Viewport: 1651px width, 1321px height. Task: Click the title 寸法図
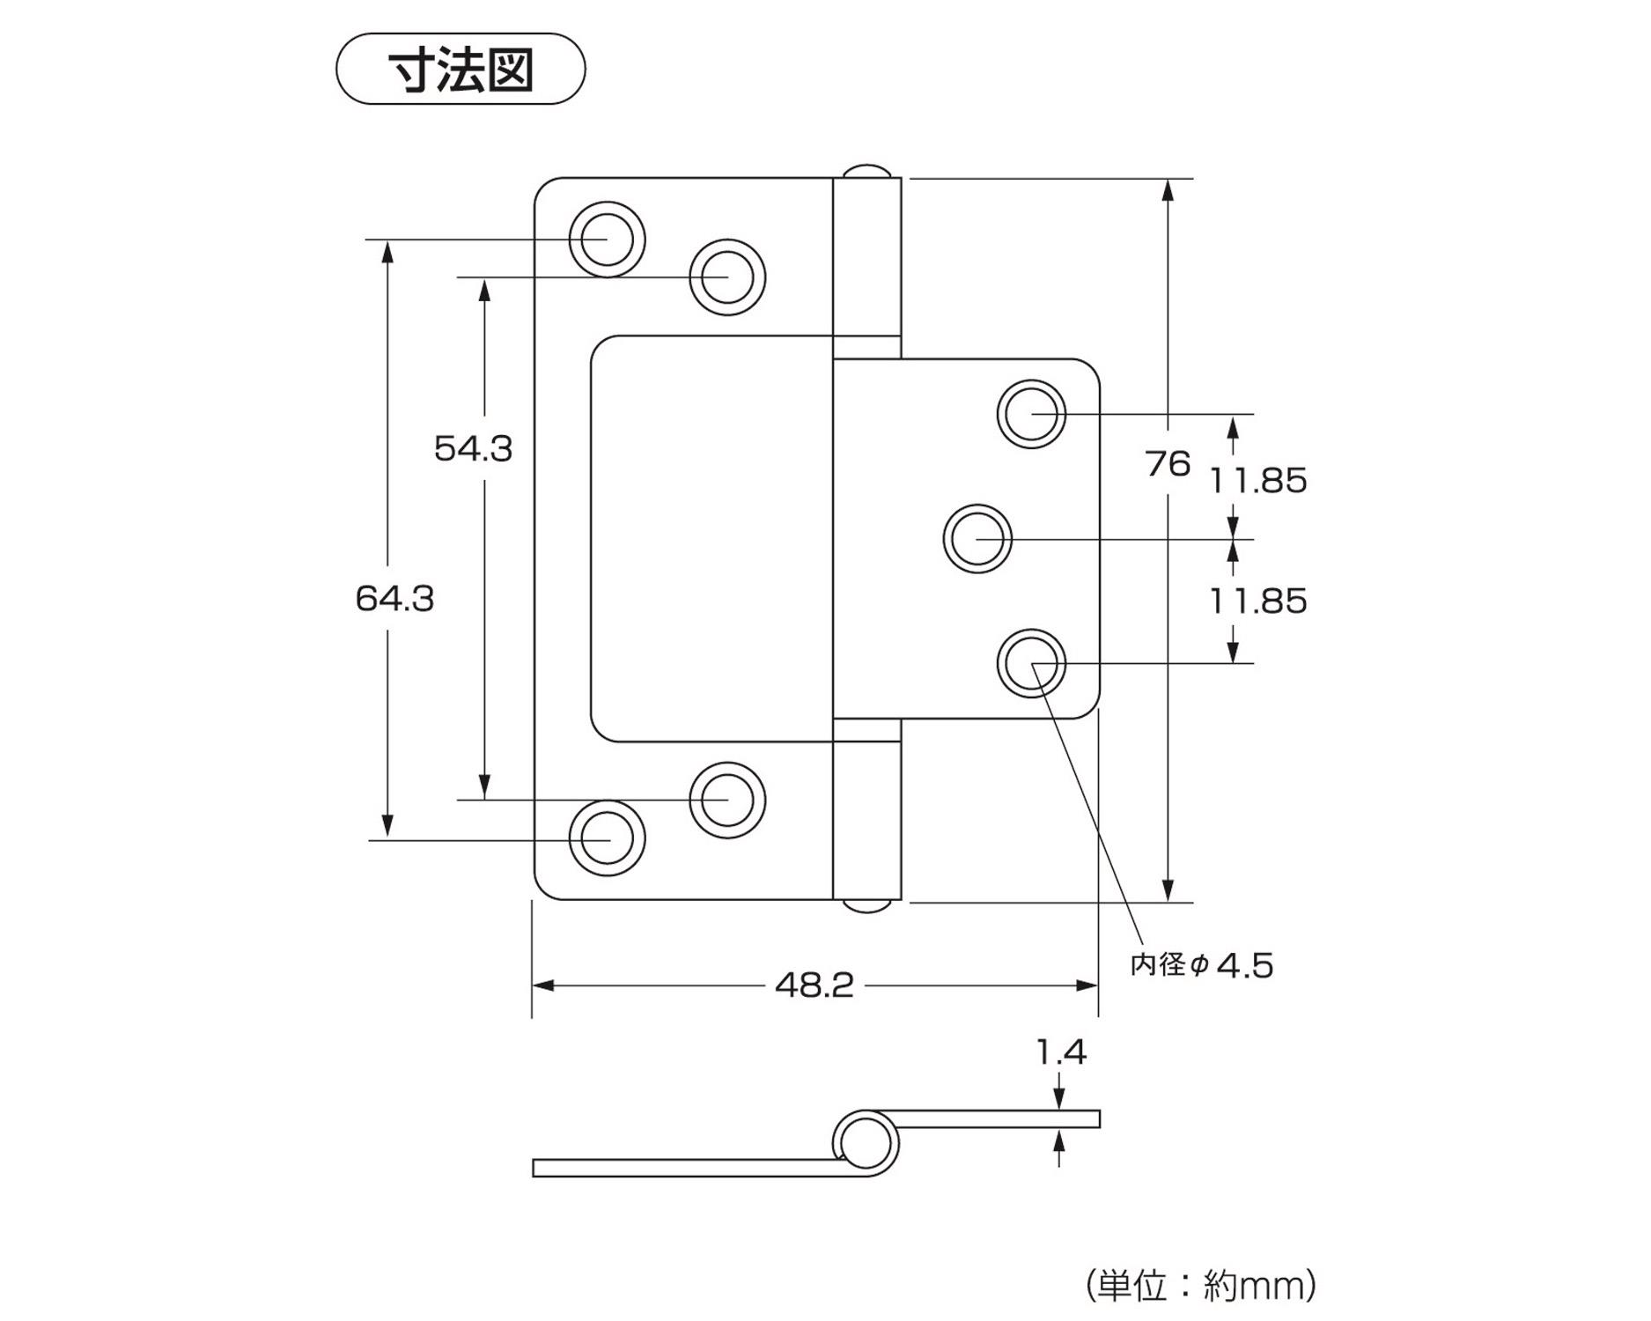[x=461, y=70]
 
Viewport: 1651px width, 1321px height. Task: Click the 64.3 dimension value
[x=394, y=599]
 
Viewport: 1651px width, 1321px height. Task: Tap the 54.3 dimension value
[x=473, y=449]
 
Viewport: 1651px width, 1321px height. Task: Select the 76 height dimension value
[x=1168, y=463]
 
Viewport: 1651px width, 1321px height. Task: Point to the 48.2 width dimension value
[x=814, y=985]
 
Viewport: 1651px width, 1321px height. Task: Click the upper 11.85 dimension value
[x=1257, y=481]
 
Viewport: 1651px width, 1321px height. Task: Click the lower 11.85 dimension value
[x=1257, y=601]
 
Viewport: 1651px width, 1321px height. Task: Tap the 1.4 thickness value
[x=1061, y=1052]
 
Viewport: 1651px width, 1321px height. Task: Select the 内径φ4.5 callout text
[x=1202, y=965]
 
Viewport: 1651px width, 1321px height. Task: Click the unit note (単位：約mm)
[x=1201, y=1287]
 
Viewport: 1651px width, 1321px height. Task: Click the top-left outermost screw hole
[x=607, y=239]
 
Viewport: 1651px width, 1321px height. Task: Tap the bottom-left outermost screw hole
[x=607, y=838]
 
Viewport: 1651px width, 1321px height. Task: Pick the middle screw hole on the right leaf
[x=977, y=538]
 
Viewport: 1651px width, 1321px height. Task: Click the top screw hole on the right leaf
[x=1031, y=413]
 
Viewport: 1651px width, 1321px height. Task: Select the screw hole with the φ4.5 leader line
[x=1031, y=663]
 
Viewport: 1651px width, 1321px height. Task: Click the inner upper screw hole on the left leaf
[x=727, y=277]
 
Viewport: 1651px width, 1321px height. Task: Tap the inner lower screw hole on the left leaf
[x=727, y=800]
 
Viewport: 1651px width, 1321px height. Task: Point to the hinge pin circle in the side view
[x=864, y=1143]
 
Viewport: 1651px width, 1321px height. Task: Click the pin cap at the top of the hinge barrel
[x=867, y=170]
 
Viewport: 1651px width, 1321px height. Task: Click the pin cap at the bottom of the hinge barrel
[x=867, y=906]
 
